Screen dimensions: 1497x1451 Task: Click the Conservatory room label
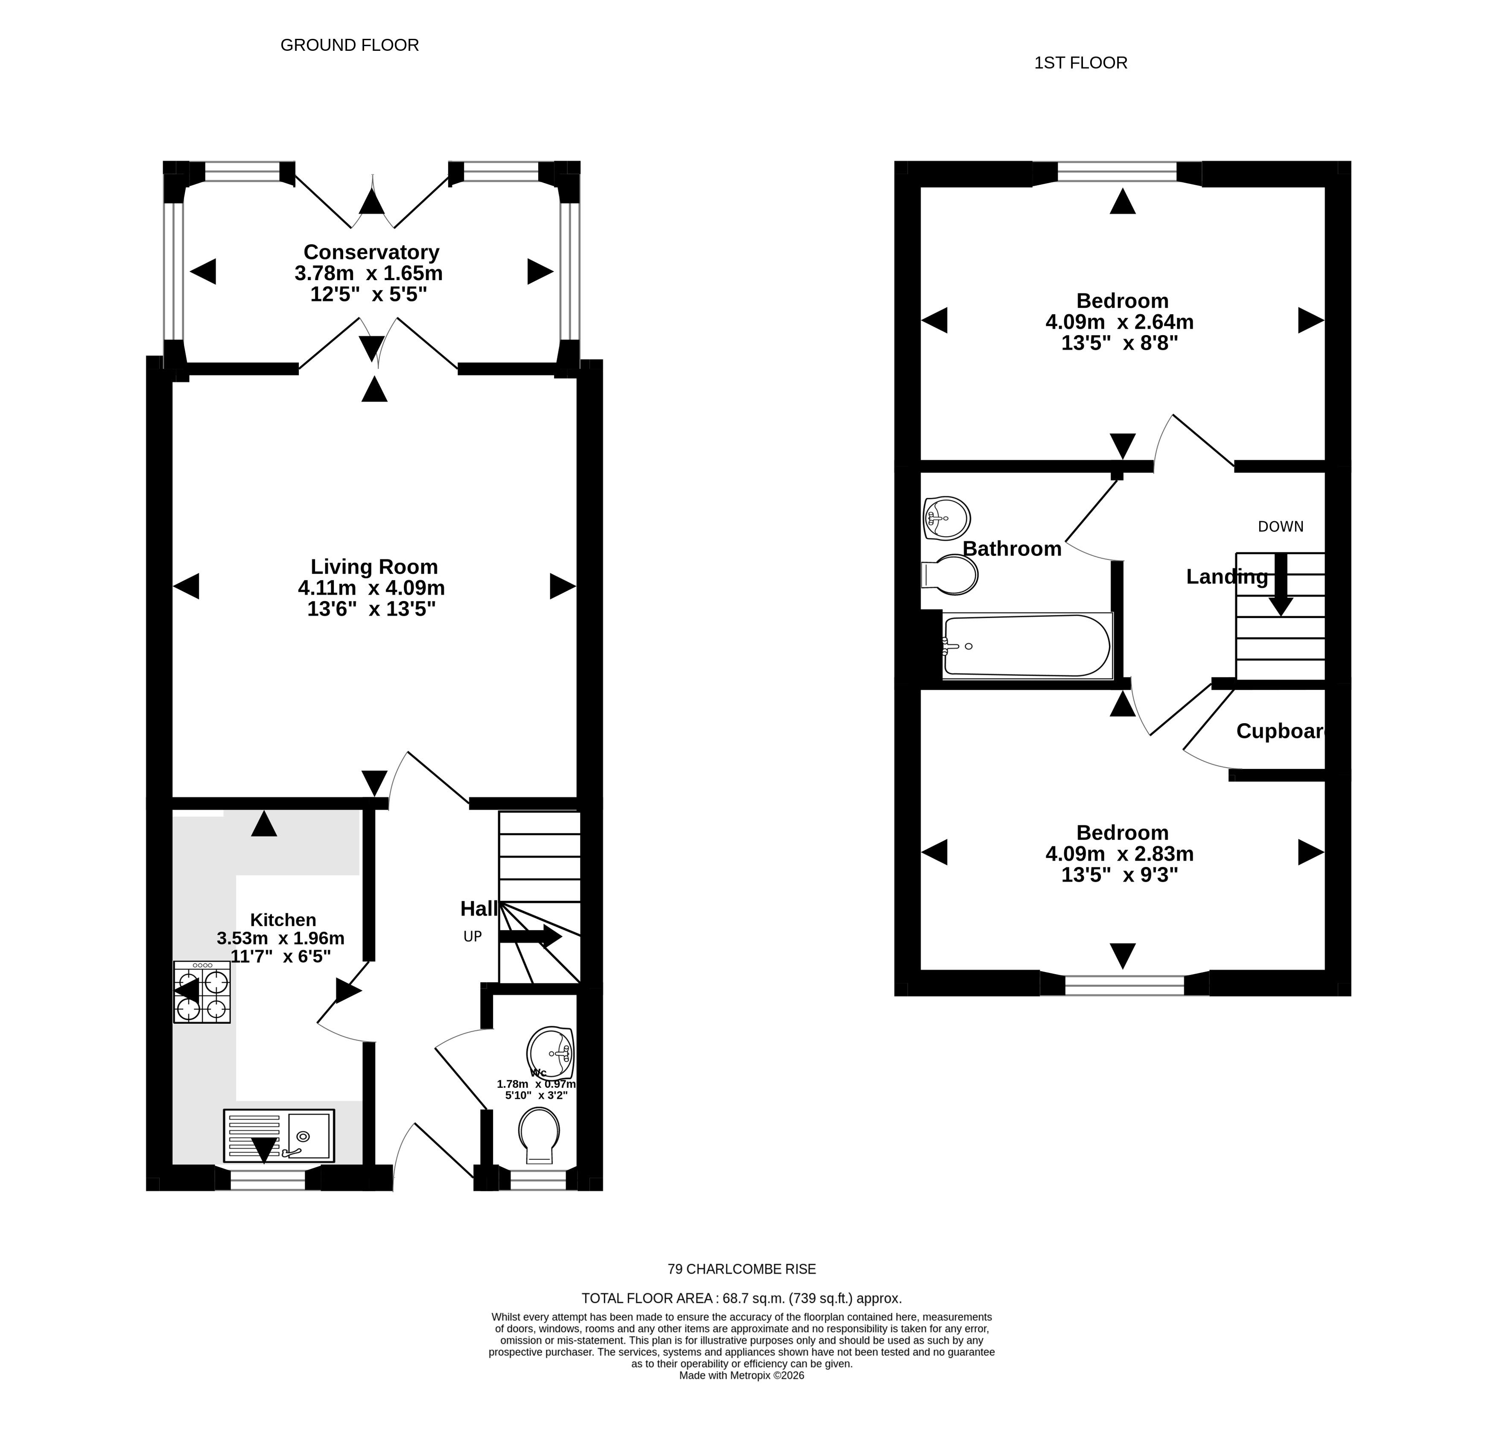click(x=371, y=252)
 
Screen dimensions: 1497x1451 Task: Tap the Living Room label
click(x=374, y=566)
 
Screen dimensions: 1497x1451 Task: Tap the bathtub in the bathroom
click(x=1027, y=646)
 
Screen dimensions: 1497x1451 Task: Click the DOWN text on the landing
click(x=1281, y=526)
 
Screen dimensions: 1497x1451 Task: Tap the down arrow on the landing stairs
click(x=1281, y=584)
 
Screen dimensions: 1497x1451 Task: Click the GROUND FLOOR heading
click(x=350, y=45)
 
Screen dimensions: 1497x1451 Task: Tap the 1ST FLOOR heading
click(x=1081, y=63)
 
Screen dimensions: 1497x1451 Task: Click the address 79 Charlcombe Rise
click(x=741, y=1269)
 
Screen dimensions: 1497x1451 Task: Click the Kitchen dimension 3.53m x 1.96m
click(x=281, y=938)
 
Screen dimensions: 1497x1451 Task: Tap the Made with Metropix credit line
click(x=741, y=1375)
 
